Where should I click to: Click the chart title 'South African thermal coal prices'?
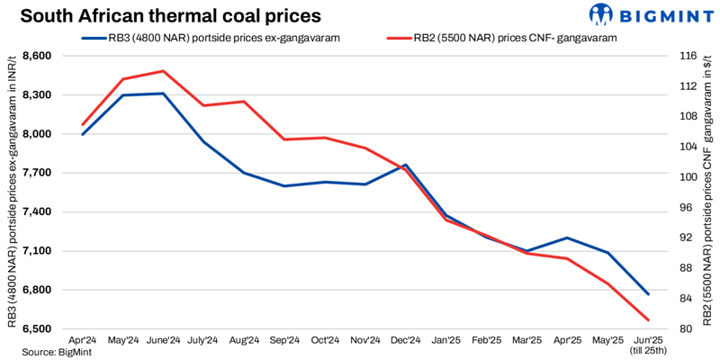click(x=170, y=16)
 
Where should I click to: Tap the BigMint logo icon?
click(x=601, y=14)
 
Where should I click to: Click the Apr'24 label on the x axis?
click(x=82, y=341)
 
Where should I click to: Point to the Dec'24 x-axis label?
click(x=406, y=341)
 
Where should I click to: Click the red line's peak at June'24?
click(x=163, y=71)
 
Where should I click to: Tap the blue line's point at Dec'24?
click(x=406, y=165)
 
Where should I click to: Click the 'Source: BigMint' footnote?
click(x=46, y=352)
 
